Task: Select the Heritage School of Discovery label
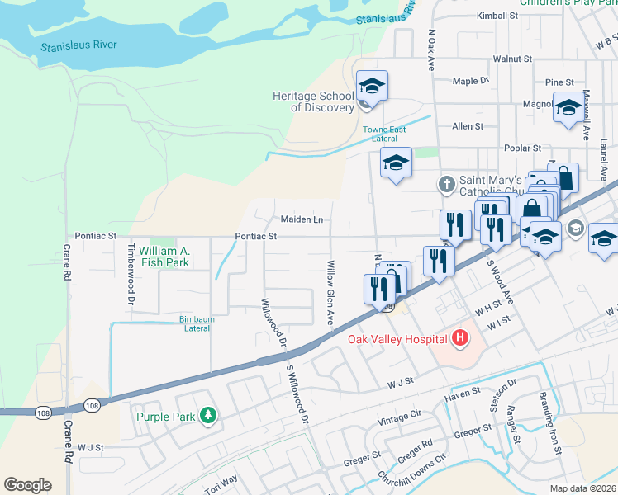313,101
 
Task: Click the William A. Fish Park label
164,257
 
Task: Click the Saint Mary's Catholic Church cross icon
446,183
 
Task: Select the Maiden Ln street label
301,219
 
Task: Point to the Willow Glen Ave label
330,292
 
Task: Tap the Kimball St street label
497,16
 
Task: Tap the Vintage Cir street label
399,420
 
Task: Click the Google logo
27,485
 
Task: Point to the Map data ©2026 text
582,488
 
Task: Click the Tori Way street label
221,483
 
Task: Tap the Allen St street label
467,126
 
